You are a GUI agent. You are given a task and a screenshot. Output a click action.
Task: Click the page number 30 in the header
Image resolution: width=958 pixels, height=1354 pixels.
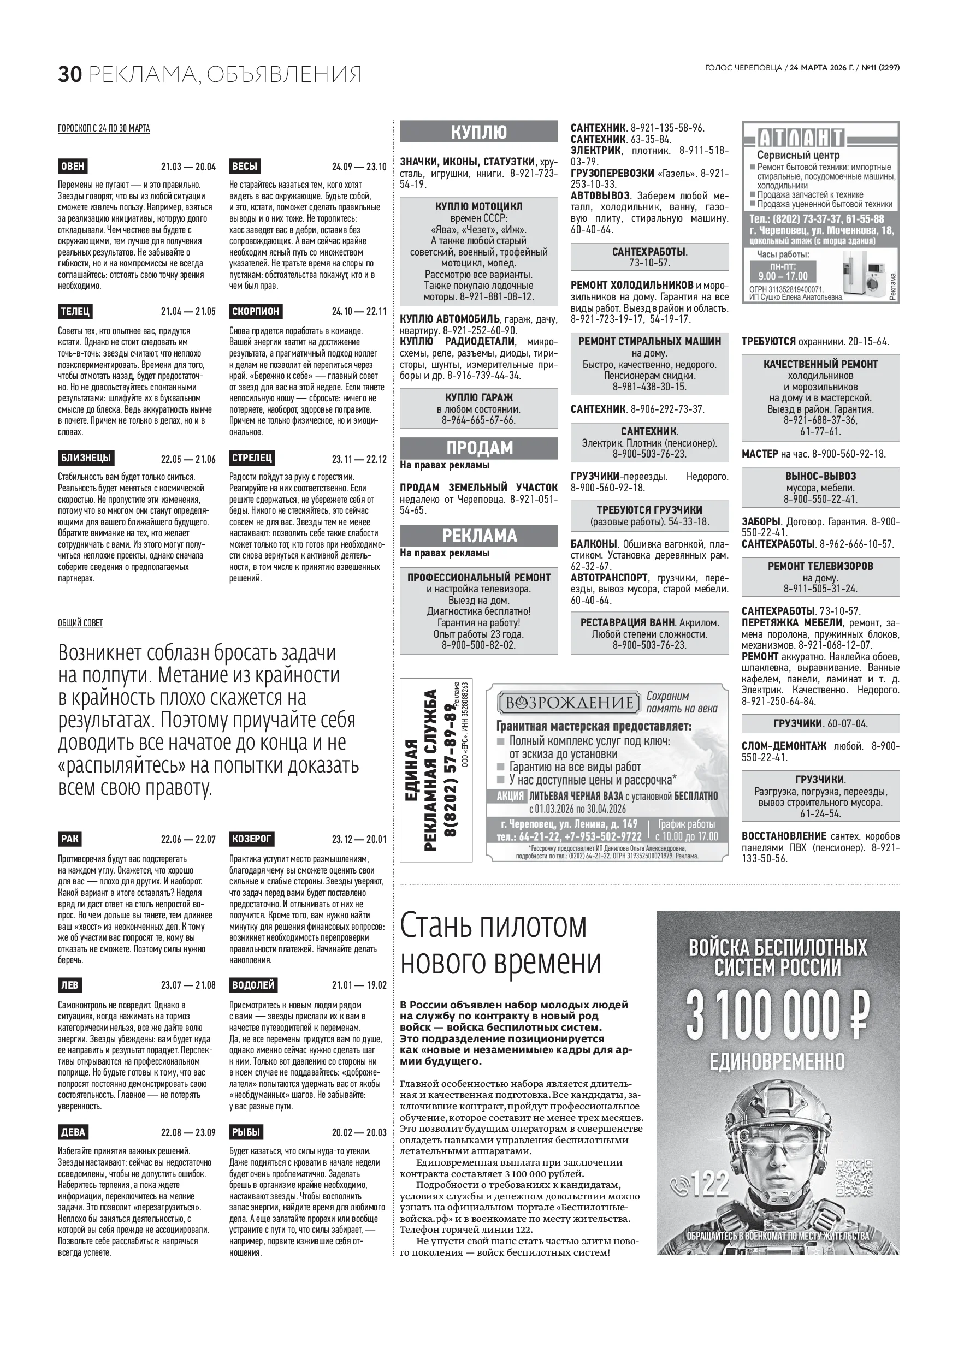[x=69, y=74]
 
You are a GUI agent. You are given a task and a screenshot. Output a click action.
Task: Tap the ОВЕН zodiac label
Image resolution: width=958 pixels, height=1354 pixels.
[x=73, y=166]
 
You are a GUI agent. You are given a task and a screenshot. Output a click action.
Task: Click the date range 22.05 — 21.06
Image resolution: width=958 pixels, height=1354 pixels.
[x=188, y=459]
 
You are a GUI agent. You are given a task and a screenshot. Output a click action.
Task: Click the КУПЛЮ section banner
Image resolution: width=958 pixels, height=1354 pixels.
[x=478, y=132]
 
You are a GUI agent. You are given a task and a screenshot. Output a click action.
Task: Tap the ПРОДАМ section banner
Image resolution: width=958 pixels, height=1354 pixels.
[x=478, y=448]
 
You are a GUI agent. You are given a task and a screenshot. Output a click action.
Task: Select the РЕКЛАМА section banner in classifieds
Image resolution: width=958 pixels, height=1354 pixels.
[x=478, y=536]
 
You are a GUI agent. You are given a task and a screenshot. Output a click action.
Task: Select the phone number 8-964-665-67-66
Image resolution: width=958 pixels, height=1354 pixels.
[x=478, y=420]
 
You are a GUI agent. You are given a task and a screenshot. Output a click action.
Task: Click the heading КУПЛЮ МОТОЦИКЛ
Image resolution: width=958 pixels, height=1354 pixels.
[x=478, y=206]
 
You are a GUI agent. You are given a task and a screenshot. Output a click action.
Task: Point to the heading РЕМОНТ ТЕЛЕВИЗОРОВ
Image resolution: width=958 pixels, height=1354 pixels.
[x=820, y=566]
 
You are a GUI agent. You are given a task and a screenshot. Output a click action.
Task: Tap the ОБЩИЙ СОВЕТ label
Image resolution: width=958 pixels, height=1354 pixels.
[x=80, y=623]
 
